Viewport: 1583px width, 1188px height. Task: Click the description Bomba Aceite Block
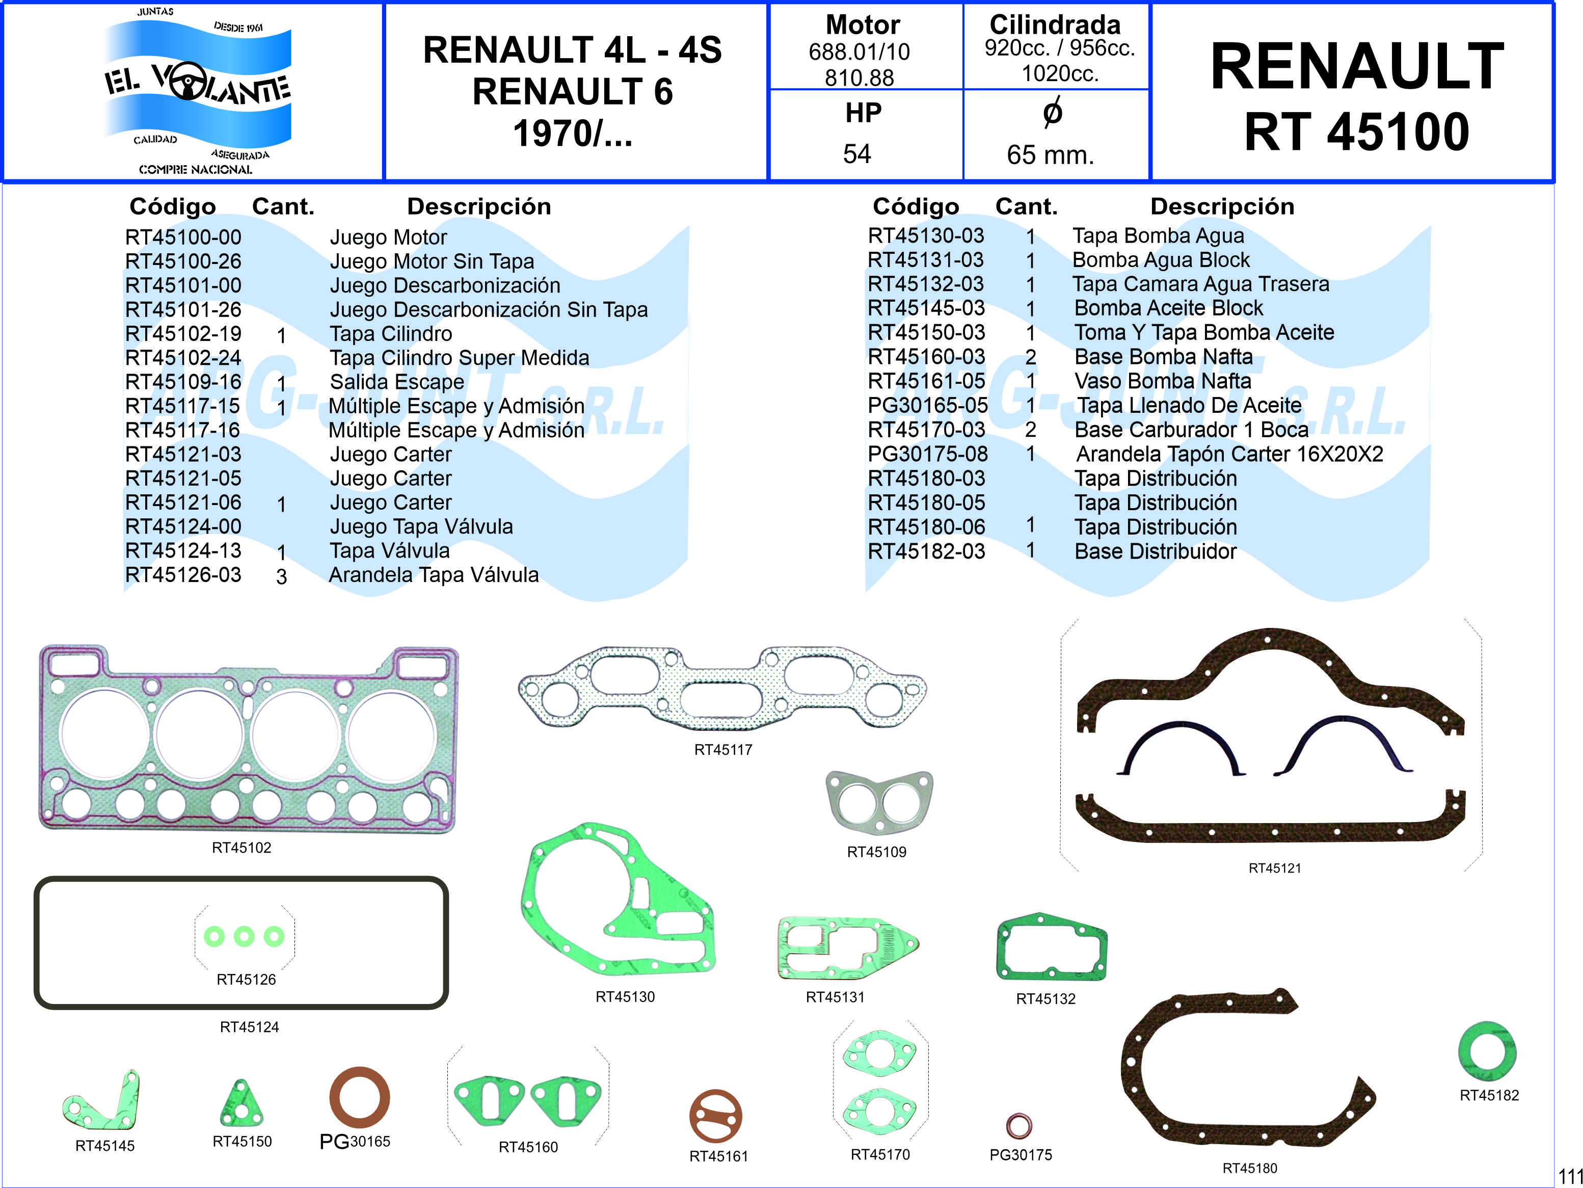coord(1169,308)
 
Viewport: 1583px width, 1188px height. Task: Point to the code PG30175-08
coord(927,454)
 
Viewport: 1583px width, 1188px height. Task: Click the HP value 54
coord(856,153)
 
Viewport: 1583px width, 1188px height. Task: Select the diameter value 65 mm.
coord(1050,154)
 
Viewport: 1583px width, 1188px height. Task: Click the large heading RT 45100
coord(1357,133)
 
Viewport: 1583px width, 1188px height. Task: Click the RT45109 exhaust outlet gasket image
coord(879,802)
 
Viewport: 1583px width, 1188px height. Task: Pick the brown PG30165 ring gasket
coord(359,1097)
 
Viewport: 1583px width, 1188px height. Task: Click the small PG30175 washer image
coord(1019,1125)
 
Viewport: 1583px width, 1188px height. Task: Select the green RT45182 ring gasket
coord(1487,1051)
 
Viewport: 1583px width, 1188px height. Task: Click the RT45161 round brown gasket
coord(716,1116)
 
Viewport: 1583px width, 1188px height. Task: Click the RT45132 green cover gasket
coord(1051,947)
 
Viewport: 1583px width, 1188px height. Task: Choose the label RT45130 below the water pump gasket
coord(625,996)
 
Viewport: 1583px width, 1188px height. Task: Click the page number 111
coord(1570,1176)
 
